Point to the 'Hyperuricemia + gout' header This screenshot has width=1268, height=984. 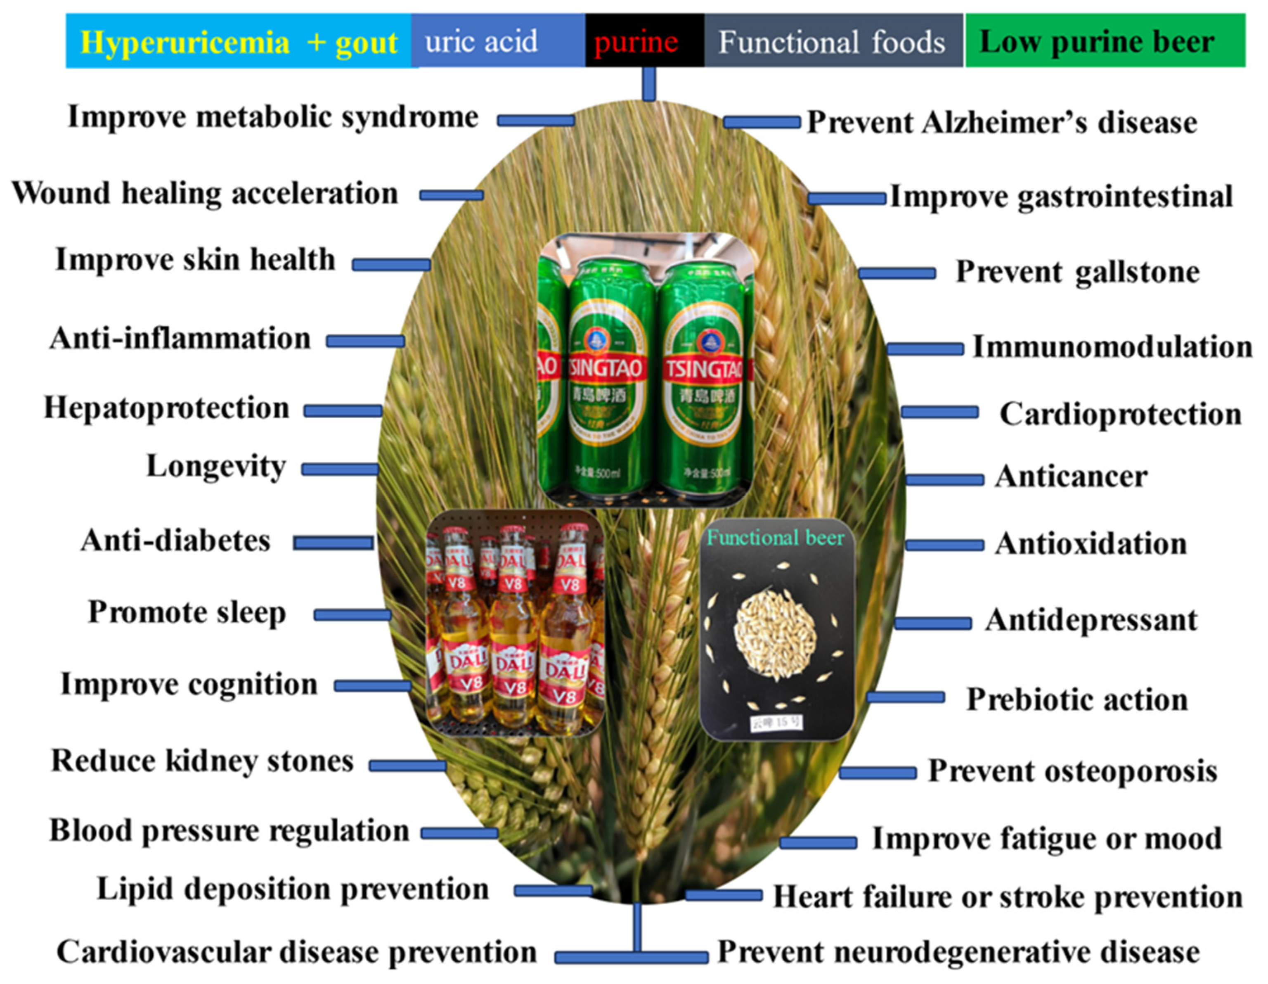[239, 42]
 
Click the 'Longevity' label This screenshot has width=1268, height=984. [216, 467]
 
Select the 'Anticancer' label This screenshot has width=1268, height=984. [1071, 477]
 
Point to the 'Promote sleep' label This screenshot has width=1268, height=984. [187, 613]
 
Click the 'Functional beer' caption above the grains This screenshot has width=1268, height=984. [775, 538]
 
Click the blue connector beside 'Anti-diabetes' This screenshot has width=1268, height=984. [333, 543]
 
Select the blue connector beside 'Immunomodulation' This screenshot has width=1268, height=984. [925, 349]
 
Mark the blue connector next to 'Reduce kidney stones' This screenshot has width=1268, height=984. [407, 766]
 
